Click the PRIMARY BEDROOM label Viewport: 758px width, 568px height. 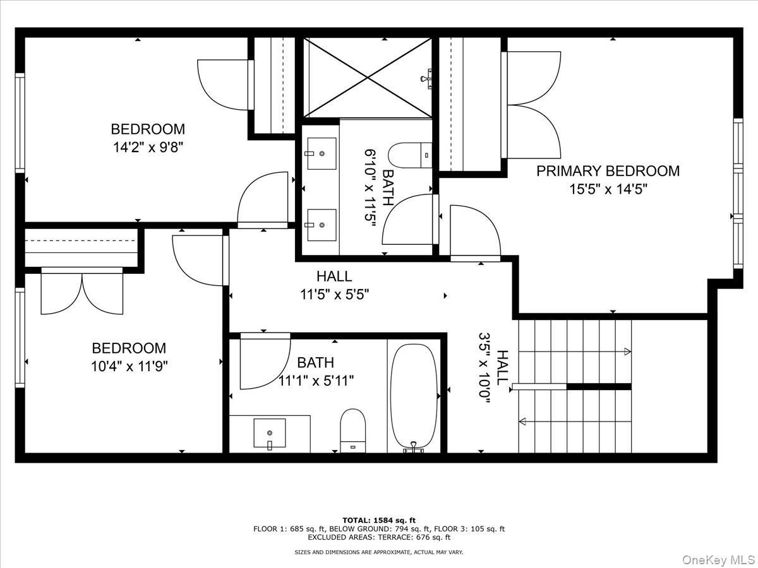click(608, 171)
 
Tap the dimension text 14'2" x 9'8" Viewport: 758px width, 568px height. click(148, 148)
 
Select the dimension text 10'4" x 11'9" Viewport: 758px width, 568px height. click(129, 366)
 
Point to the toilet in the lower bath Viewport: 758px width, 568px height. click(352, 429)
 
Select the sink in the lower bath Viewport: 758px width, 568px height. click(269, 433)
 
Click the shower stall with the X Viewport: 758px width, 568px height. click(368, 77)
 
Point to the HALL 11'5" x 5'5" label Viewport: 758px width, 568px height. click(334, 285)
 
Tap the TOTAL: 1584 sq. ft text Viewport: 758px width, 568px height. click(379, 520)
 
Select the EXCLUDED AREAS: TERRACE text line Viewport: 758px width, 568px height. click(379, 538)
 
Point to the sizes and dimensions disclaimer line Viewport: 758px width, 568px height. click(379, 552)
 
